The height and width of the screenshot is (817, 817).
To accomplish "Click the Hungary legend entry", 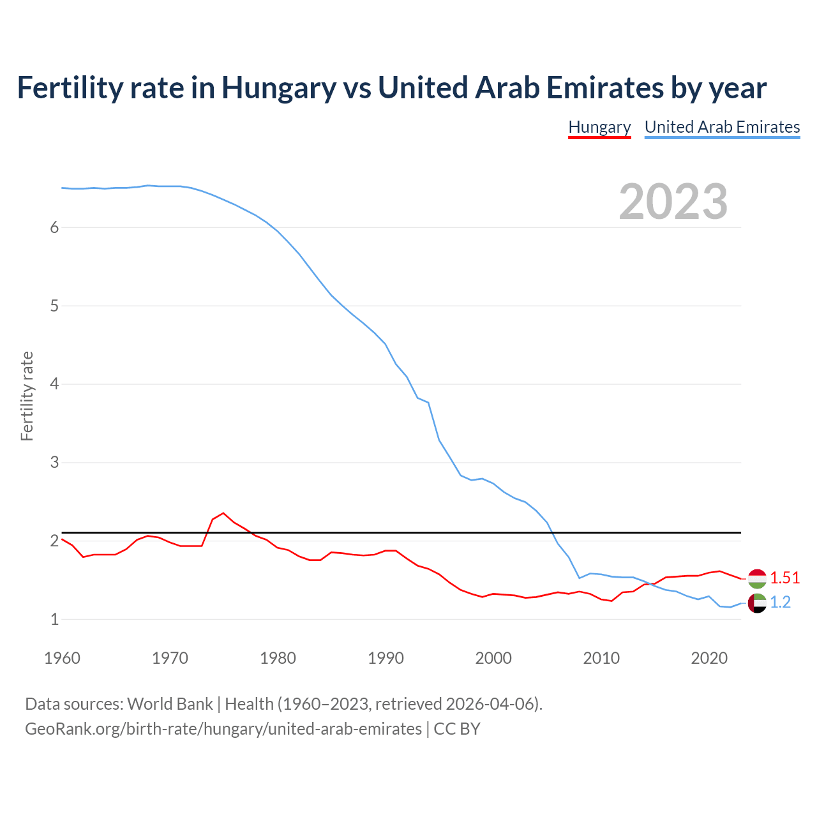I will (599, 127).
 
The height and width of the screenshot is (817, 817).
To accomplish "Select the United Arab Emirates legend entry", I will (722, 127).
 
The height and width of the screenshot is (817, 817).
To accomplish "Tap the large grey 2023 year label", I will (673, 202).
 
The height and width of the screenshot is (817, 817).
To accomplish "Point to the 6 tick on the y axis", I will (54, 228).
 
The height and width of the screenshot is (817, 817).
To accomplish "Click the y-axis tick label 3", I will (54, 462).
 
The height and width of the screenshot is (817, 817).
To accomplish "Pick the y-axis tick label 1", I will (54, 619).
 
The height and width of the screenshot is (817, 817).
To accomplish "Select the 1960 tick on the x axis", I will (62, 658).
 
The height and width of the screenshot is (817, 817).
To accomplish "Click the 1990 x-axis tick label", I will (386, 658).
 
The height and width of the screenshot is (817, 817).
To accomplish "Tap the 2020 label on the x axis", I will (709, 658).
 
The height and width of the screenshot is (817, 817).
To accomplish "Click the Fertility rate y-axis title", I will (27, 396).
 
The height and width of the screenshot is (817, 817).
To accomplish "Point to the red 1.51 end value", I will (784, 578).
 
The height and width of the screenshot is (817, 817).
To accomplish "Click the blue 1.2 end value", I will (780, 602).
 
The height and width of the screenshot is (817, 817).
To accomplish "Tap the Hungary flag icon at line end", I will (757, 578).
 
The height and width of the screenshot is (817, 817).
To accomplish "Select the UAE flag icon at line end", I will (757, 603).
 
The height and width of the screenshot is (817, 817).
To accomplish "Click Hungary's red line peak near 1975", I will (223, 513).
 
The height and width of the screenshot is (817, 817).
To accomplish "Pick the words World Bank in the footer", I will (170, 704).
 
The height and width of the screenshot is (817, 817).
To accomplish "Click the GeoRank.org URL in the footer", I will (223, 729).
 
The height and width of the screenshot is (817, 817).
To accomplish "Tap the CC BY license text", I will (457, 729).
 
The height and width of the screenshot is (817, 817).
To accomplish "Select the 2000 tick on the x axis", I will (493, 658).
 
